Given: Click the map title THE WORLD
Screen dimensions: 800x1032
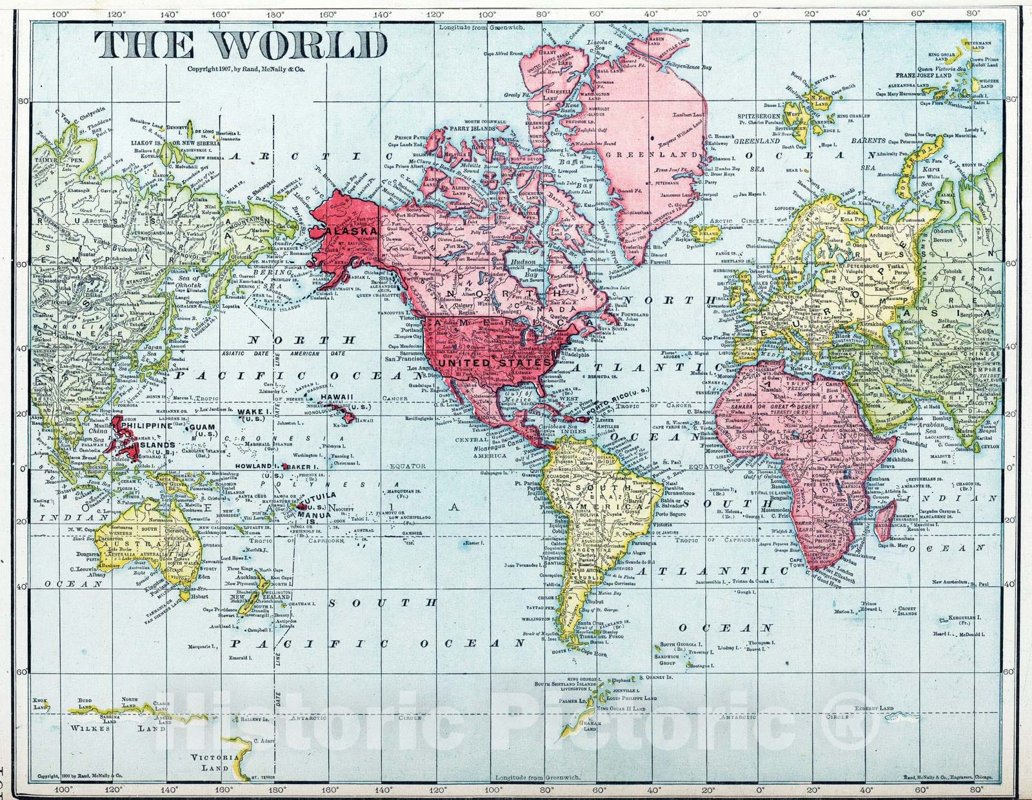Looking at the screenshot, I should coord(240,45).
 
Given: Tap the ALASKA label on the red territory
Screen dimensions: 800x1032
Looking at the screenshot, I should coord(352,231).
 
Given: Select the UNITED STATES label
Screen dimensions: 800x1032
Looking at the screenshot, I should coord(494,363).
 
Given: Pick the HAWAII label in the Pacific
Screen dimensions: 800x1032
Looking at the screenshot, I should coord(338,396).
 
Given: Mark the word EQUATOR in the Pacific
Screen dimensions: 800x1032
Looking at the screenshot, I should coord(408,465).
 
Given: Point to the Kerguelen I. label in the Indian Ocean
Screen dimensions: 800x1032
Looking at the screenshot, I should coord(964,618).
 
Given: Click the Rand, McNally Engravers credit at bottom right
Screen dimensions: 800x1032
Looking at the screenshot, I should coord(948,777).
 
